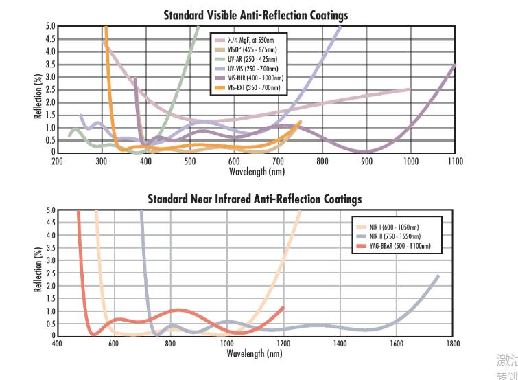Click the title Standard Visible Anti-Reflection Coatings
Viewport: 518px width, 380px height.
tap(255, 15)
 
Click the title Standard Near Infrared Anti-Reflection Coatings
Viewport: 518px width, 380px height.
tap(255, 199)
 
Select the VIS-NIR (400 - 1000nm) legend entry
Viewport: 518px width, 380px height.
tap(258, 80)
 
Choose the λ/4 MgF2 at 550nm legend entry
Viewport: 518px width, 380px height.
tap(258, 42)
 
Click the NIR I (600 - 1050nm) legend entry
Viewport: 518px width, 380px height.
tap(395, 227)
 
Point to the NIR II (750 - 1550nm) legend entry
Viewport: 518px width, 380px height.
tap(396, 236)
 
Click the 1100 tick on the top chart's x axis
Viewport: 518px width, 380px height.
tap(455, 161)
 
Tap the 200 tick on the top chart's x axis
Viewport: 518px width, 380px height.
tap(57, 161)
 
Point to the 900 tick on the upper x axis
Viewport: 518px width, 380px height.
tap(366, 161)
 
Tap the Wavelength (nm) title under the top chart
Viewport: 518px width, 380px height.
tap(256, 171)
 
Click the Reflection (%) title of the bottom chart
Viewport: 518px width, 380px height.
tap(38, 272)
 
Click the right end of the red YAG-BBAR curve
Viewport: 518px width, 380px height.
tap(283, 308)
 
